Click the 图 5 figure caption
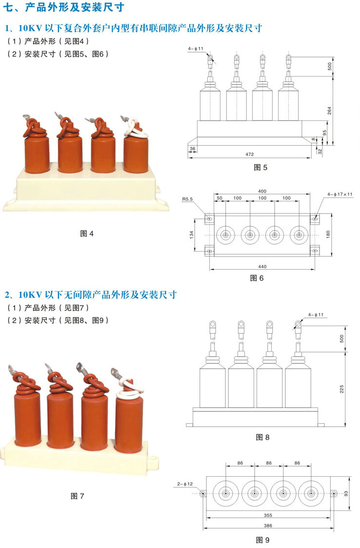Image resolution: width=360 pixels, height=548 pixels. pos(260,167)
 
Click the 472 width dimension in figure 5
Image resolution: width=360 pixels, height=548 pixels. pos(250,154)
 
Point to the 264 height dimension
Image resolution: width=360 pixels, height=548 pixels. pos(329,111)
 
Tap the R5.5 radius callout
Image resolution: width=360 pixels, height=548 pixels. pos(187,199)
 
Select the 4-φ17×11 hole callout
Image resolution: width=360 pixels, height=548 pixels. pos(340,195)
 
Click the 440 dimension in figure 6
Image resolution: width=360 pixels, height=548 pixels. pos(262,267)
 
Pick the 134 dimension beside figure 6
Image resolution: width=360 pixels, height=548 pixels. pos(192,235)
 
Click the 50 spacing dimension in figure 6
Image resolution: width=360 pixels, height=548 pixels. pos(220,198)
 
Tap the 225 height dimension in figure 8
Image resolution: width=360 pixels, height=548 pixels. pos(341,389)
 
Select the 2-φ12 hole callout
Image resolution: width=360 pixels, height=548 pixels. pos(185,484)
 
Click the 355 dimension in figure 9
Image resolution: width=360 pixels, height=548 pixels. pos(268,515)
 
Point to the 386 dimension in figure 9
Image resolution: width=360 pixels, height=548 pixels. pos(268,526)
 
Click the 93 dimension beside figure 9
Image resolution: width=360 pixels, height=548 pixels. pos(346,493)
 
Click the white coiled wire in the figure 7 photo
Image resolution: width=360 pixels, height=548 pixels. pos(129,390)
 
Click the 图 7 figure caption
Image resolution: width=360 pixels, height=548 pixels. pos(77,496)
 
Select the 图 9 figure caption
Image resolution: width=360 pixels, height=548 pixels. pos(263,540)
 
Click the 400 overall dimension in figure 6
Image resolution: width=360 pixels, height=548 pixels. pos(262,191)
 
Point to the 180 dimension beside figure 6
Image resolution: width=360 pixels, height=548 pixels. pos(328,235)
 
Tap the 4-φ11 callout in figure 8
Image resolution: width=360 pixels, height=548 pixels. pos(316,315)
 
